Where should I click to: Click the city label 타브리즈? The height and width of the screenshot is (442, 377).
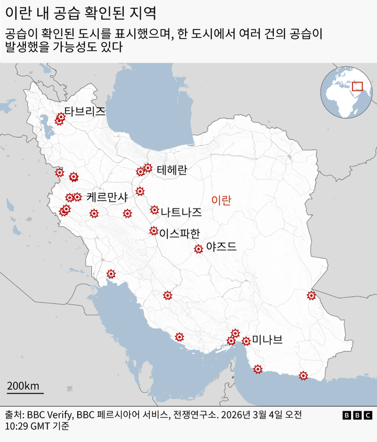[85, 111]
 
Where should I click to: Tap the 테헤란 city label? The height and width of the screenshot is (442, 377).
[172, 170]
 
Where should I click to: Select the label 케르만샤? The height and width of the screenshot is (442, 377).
[107, 197]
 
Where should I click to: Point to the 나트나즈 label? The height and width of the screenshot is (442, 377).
[181, 212]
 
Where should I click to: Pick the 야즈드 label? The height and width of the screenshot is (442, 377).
[221, 247]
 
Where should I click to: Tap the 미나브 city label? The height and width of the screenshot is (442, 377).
[267, 339]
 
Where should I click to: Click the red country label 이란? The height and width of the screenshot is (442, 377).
[221, 200]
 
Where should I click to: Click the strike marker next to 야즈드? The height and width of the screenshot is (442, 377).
[199, 249]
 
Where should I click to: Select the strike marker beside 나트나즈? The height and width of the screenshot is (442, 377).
[154, 209]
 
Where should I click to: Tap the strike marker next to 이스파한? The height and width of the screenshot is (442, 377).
[154, 231]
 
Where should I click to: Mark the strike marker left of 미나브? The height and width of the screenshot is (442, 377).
[246, 341]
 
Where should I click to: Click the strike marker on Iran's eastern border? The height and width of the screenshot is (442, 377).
[311, 295]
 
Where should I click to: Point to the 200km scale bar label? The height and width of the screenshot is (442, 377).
[23, 386]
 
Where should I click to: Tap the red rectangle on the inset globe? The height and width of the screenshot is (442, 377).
[357, 87]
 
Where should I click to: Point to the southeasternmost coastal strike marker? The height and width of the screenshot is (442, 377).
[303, 375]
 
